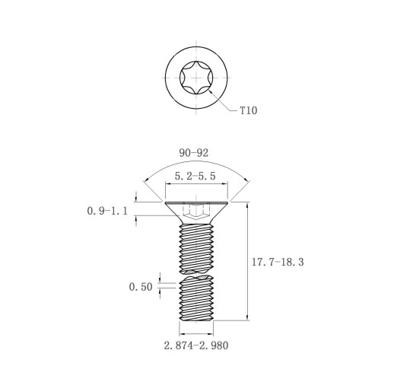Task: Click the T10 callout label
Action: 249,110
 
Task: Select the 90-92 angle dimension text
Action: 194,153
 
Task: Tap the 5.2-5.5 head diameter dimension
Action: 195,176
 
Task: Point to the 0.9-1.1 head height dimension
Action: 107,211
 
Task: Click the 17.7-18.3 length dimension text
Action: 278,262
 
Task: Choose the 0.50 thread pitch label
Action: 141,287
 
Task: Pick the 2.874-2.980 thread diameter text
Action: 196,346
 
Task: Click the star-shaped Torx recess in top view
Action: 196,78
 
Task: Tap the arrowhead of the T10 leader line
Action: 211,92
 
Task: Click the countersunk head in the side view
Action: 196,213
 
